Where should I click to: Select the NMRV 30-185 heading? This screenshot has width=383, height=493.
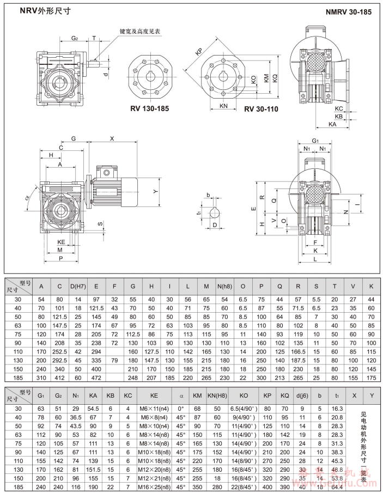[x=349, y=11]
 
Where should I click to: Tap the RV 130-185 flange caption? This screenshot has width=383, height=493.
[x=149, y=108]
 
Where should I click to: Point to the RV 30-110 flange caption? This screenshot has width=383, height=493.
[x=261, y=109]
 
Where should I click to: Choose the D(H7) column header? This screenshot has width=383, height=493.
[x=78, y=286]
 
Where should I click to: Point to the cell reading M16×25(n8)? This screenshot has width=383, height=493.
[x=154, y=486]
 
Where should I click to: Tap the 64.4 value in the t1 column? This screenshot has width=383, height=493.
[x=337, y=486]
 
